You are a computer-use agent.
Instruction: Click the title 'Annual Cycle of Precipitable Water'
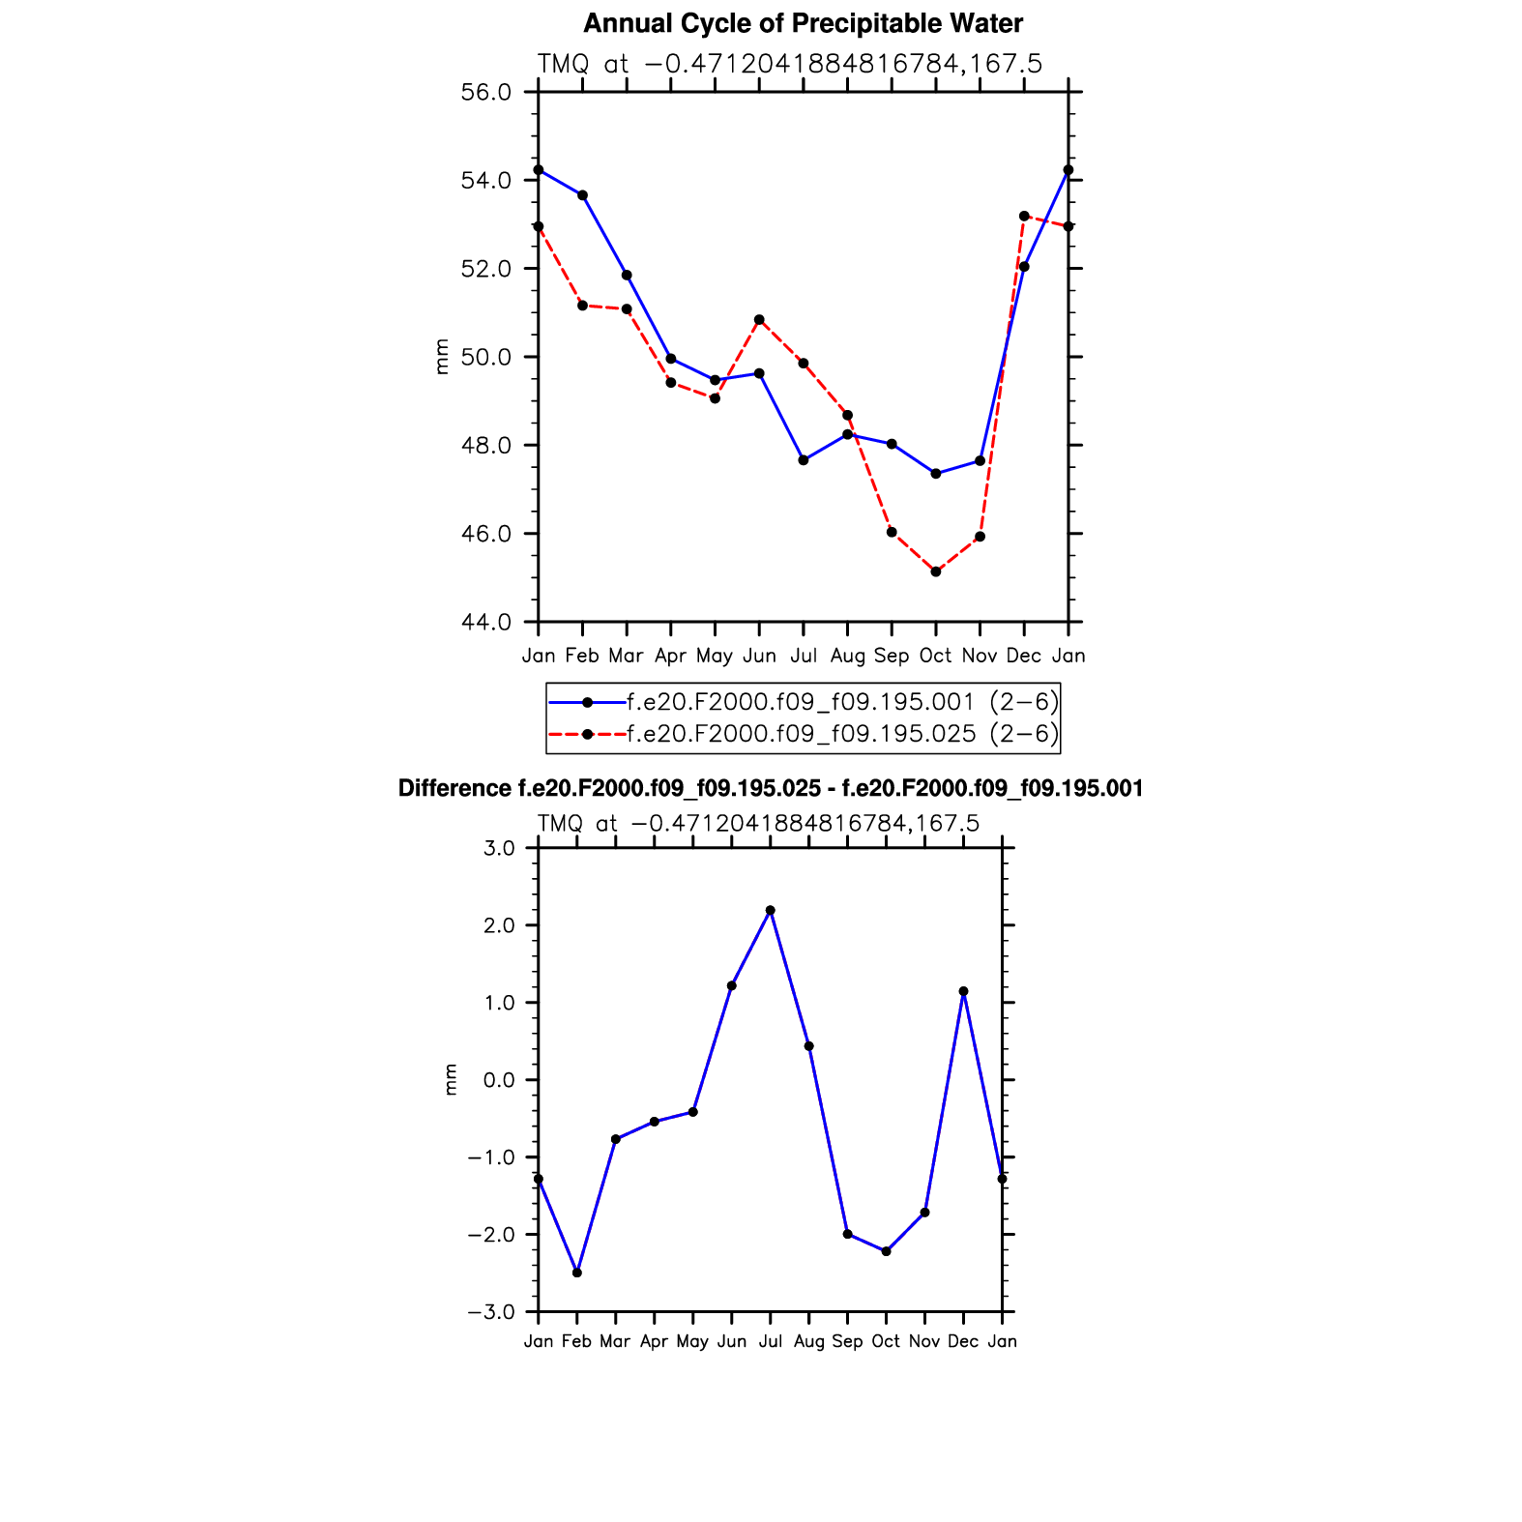click(x=803, y=23)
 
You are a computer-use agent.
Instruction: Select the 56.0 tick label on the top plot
click(x=486, y=93)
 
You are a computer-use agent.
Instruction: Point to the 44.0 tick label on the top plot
click(x=486, y=623)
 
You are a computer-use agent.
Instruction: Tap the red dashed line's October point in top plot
click(x=936, y=571)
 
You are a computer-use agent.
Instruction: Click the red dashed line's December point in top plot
click(x=1024, y=216)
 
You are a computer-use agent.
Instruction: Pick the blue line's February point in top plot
click(x=582, y=195)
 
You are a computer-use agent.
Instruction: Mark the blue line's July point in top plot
click(x=804, y=460)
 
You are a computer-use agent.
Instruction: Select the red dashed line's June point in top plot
click(x=759, y=320)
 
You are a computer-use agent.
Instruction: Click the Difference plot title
click(x=771, y=789)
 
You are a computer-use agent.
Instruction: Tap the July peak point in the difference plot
click(x=771, y=910)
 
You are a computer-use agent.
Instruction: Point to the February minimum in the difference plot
click(x=577, y=1273)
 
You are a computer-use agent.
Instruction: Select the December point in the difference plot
click(x=963, y=991)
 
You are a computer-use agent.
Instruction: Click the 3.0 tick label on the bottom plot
click(x=500, y=849)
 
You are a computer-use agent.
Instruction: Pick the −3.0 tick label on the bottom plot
click(x=491, y=1312)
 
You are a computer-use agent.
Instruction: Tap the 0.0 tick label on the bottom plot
click(x=500, y=1080)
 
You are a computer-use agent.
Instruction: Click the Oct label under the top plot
click(x=935, y=656)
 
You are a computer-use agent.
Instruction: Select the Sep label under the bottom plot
click(x=847, y=1341)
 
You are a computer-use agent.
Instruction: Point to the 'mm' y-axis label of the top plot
click(x=442, y=357)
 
